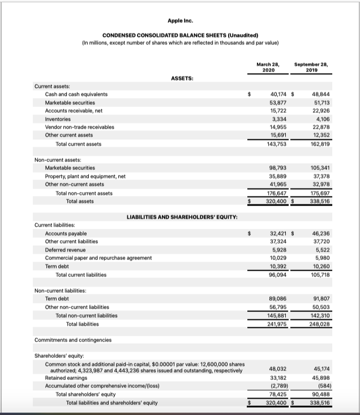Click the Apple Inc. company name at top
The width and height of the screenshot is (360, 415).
click(x=179, y=21)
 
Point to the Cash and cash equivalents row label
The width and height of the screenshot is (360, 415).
click(x=76, y=94)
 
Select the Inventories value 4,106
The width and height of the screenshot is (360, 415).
click(x=320, y=119)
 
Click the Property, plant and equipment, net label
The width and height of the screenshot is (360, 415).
click(x=85, y=176)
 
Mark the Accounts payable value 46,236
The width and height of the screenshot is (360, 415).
click(x=319, y=233)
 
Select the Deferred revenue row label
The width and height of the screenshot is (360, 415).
click(x=66, y=249)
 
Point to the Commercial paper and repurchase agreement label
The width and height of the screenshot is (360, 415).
click(x=98, y=258)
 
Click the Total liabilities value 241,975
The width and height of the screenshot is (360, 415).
click(x=276, y=324)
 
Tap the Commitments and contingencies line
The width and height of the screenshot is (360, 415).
click(x=73, y=340)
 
